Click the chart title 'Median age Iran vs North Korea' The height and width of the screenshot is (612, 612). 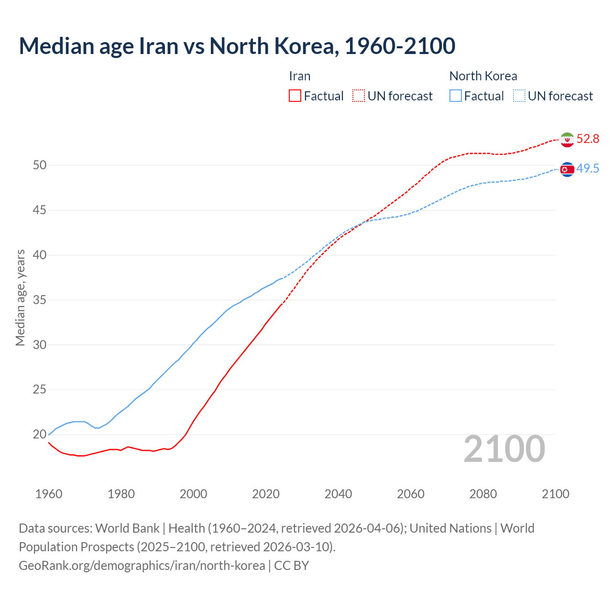coord(237,46)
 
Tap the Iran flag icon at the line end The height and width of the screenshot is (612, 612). coord(567,139)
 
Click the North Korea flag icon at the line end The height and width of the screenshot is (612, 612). coord(567,169)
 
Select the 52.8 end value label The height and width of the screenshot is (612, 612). coord(588,139)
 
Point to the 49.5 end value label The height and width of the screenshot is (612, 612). coord(588,169)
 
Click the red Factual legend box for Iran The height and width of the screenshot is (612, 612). coord(295,96)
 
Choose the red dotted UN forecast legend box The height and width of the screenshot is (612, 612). coord(359,96)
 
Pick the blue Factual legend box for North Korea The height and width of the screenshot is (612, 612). coord(456,96)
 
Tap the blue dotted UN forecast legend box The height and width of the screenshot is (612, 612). coord(519,96)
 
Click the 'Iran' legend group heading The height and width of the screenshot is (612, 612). coord(300,76)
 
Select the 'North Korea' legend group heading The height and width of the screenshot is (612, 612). coord(483,76)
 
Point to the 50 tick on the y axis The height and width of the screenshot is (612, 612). coord(40,165)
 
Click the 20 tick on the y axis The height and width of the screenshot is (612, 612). coord(40,435)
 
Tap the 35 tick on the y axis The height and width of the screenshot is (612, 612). coord(40,300)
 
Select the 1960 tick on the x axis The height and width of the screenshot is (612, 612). coord(49,494)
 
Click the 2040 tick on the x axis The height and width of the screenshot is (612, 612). coord(338,494)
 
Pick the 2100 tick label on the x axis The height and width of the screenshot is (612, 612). coord(555,494)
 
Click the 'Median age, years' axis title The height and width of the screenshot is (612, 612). coord(20,297)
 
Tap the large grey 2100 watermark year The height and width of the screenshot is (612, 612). coord(504,449)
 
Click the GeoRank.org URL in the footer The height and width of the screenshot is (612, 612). coord(142,566)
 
